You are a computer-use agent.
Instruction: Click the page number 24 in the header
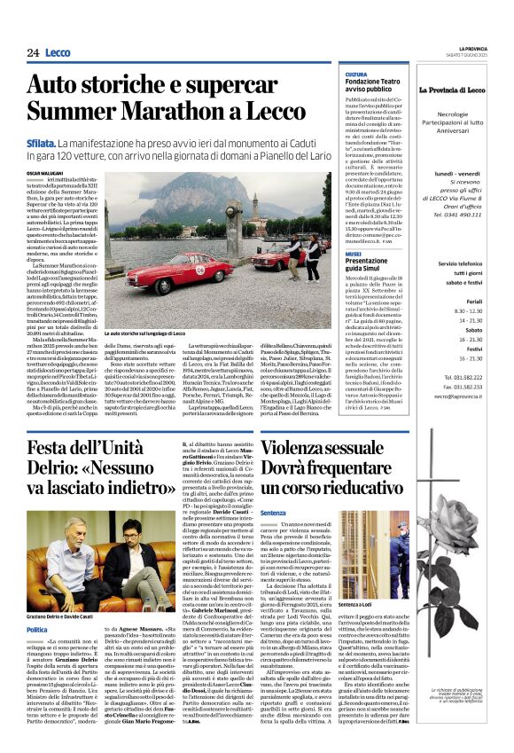tap(33, 52)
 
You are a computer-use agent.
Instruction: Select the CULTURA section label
tap(356, 75)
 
